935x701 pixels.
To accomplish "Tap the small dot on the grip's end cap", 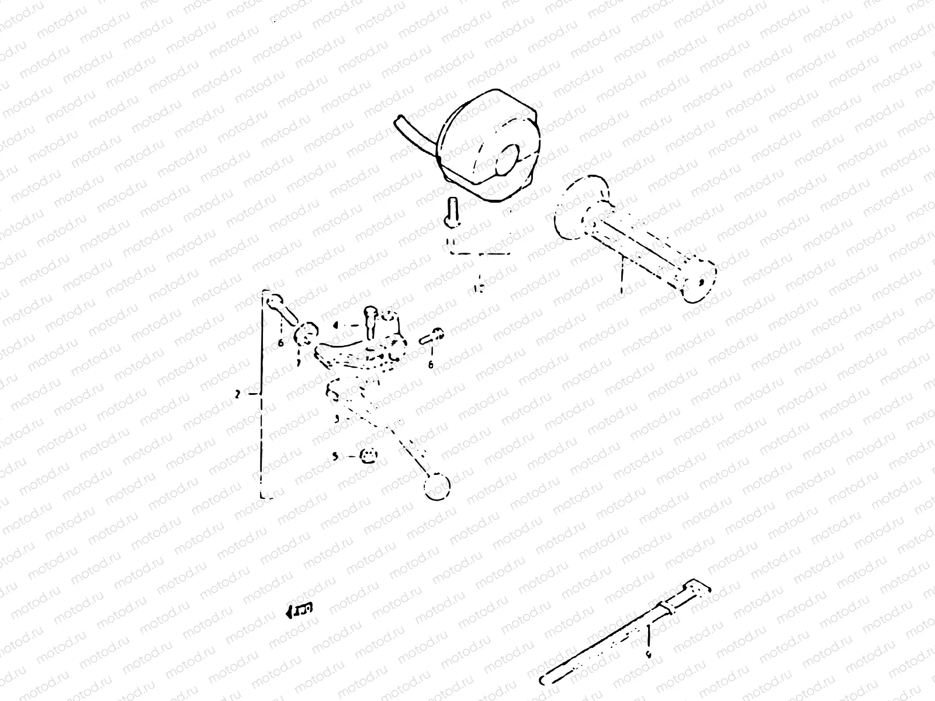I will pos(701,282).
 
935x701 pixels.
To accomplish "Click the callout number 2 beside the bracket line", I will pos(237,395).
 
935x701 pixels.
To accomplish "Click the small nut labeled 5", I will pos(368,456).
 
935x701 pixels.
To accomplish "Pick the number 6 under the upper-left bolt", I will pos(281,343).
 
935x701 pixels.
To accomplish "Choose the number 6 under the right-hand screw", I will pos(431,365).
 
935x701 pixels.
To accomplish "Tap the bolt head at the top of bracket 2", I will pos(272,302).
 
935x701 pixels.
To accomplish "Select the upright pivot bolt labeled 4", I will pos(369,321).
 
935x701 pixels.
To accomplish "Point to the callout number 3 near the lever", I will pos(337,419).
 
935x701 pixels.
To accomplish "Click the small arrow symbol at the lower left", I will pos(299,610).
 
